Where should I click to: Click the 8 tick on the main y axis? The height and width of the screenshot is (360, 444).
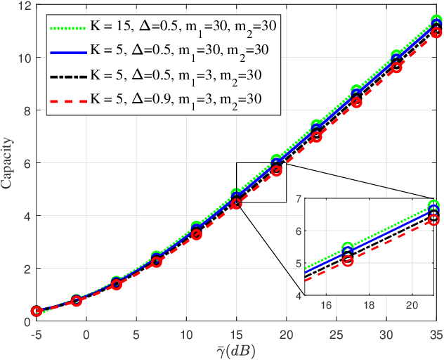click(25, 111)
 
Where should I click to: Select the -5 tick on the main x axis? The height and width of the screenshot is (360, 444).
click(36, 334)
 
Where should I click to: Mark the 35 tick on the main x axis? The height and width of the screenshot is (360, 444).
click(436, 334)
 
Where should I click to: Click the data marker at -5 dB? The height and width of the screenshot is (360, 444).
click(36, 311)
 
